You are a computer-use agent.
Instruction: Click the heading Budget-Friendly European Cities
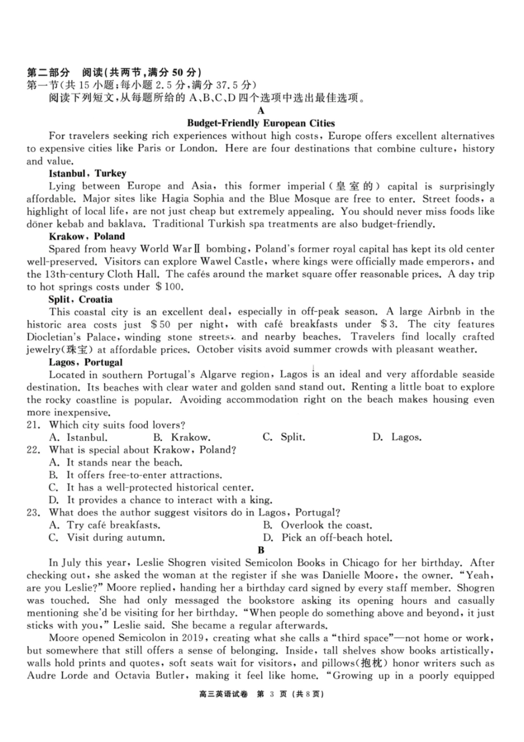[261, 123]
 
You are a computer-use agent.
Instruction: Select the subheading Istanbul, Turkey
[87, 173]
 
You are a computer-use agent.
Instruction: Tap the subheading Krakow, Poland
[87, 236]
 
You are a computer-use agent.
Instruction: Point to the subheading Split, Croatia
[81, 299]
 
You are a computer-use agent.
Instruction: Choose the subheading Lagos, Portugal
[85, 362]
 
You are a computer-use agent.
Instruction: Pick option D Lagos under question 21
[397, 437]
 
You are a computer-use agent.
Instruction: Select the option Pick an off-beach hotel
[336, 538]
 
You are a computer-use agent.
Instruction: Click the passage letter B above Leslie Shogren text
[261, 550]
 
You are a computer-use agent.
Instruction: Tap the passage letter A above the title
[261, 111]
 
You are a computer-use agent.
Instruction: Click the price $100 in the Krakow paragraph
[169, 287]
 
